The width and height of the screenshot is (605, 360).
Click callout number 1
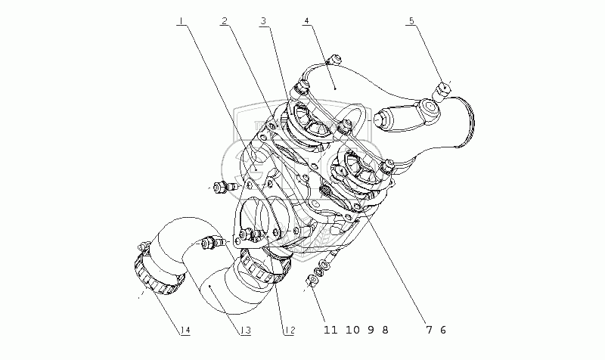[x=181, y=21]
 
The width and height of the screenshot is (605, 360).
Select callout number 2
[x=225, y=21]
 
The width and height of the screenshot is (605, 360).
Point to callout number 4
[x=306, y=21]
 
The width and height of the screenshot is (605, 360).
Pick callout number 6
[x=443, y=330]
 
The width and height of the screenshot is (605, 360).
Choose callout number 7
[x=429, y=330]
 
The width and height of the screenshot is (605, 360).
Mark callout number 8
[x=384, y=330]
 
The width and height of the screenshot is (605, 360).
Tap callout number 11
[x=327, y=330]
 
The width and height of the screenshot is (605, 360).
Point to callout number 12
[x=288, y=330]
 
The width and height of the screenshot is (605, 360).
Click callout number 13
[x=245, y=330]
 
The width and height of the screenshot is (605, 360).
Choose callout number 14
[x=185, y=330]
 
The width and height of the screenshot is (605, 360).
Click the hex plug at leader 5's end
[x=444, y=92]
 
